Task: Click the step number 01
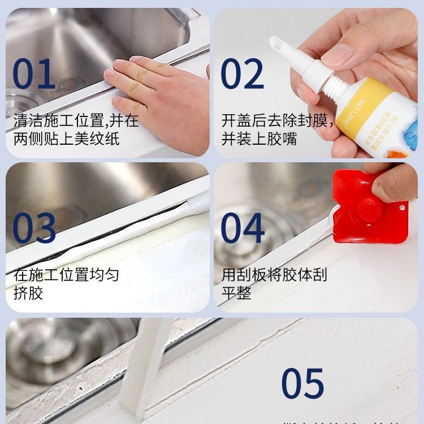coord(34,74)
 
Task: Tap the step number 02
coord(242,74)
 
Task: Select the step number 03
coord(34,228)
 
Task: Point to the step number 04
coord(243,228)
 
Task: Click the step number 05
coord(302,384)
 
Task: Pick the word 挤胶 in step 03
coord(28,293)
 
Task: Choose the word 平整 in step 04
coord(236,293)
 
